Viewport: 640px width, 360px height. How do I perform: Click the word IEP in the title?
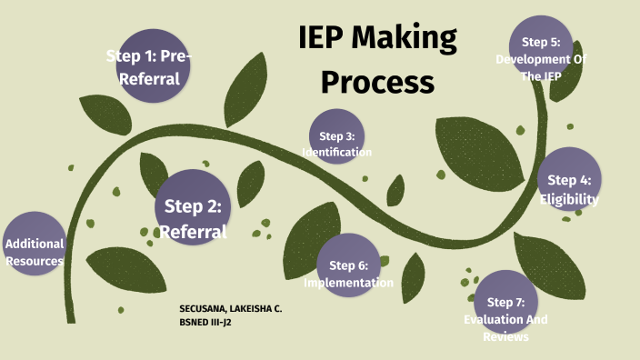click(x=330, y=39)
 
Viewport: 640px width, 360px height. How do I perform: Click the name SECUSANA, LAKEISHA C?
click(x=231, y=309)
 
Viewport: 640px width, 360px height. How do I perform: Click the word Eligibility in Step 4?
click(x=569, y=200)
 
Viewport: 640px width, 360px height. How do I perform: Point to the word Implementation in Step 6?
click(x=348, y=283)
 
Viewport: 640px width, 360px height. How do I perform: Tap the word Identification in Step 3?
click(x=336, y=152)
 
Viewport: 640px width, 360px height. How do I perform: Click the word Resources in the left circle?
click(x=34, y=261)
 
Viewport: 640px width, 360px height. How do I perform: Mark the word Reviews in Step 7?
click(x=506, y=337)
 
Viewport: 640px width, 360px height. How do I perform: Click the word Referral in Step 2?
click(x=192, y=232)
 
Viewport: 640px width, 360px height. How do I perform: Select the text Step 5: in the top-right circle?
click(x=541, y=42)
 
